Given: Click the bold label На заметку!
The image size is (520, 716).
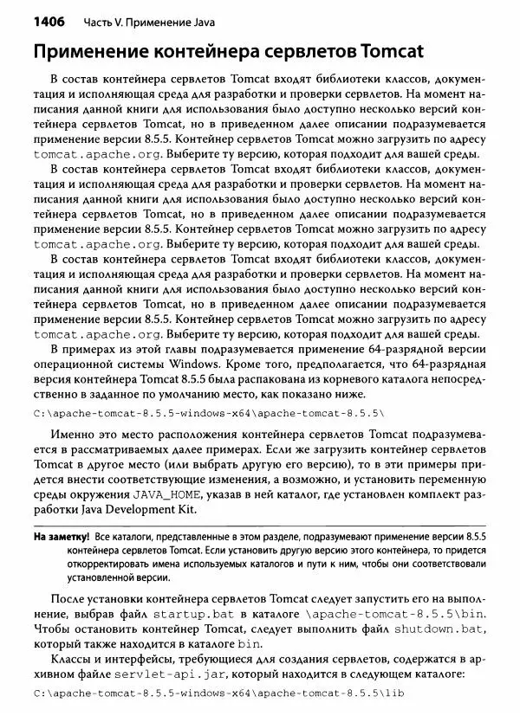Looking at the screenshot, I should [61, 537].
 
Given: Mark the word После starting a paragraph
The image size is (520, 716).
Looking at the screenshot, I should [72, 597].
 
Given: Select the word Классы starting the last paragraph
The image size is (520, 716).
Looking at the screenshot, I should [75, 656].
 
